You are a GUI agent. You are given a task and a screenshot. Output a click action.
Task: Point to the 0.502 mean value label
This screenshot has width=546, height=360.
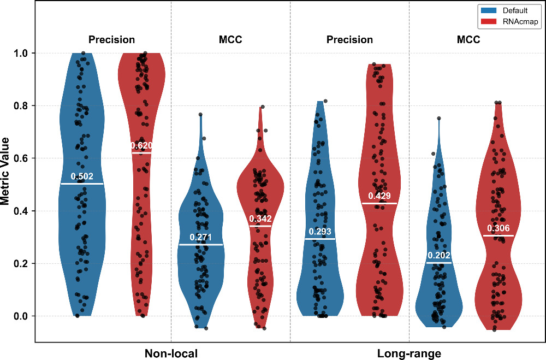82,176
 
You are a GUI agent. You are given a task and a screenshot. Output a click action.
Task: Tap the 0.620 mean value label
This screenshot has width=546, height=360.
141,145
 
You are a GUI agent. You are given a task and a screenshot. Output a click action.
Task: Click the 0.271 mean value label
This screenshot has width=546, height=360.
201,237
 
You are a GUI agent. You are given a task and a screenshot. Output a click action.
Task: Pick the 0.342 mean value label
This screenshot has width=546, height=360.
260,219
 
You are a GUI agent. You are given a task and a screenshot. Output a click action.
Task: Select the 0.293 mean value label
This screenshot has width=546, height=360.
320,231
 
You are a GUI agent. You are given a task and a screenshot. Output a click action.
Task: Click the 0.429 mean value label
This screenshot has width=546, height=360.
379,196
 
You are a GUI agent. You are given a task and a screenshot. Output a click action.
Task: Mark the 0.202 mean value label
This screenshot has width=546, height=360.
438,255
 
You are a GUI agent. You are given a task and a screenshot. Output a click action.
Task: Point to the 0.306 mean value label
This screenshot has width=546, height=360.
498,228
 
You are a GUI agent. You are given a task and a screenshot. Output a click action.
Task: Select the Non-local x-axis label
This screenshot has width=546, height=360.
171,353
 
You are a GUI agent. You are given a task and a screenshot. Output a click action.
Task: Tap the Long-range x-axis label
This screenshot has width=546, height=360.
409,353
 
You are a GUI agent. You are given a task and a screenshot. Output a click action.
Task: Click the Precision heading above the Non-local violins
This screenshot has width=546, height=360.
111,39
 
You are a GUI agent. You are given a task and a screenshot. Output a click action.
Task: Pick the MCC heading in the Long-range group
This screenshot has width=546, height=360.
468,39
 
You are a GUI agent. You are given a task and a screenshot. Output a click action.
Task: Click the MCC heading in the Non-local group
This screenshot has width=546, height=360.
230,39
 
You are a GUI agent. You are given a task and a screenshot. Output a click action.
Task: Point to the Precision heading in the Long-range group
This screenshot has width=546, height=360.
349,39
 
